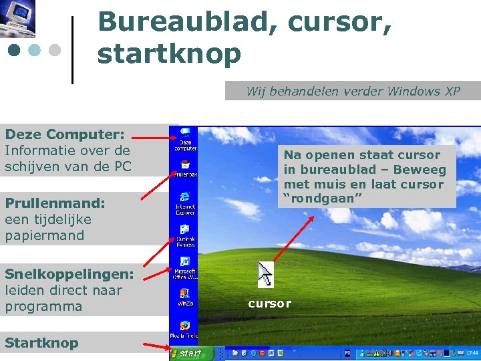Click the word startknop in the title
tap(169, 53)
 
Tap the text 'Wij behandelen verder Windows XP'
tap(353, 92)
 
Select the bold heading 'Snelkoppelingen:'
tap(69, 274)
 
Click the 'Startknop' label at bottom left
tap(41, 343)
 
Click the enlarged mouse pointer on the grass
tap(265, 274)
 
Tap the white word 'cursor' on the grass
tap(269, 304)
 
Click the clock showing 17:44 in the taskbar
tap(472, 353)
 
